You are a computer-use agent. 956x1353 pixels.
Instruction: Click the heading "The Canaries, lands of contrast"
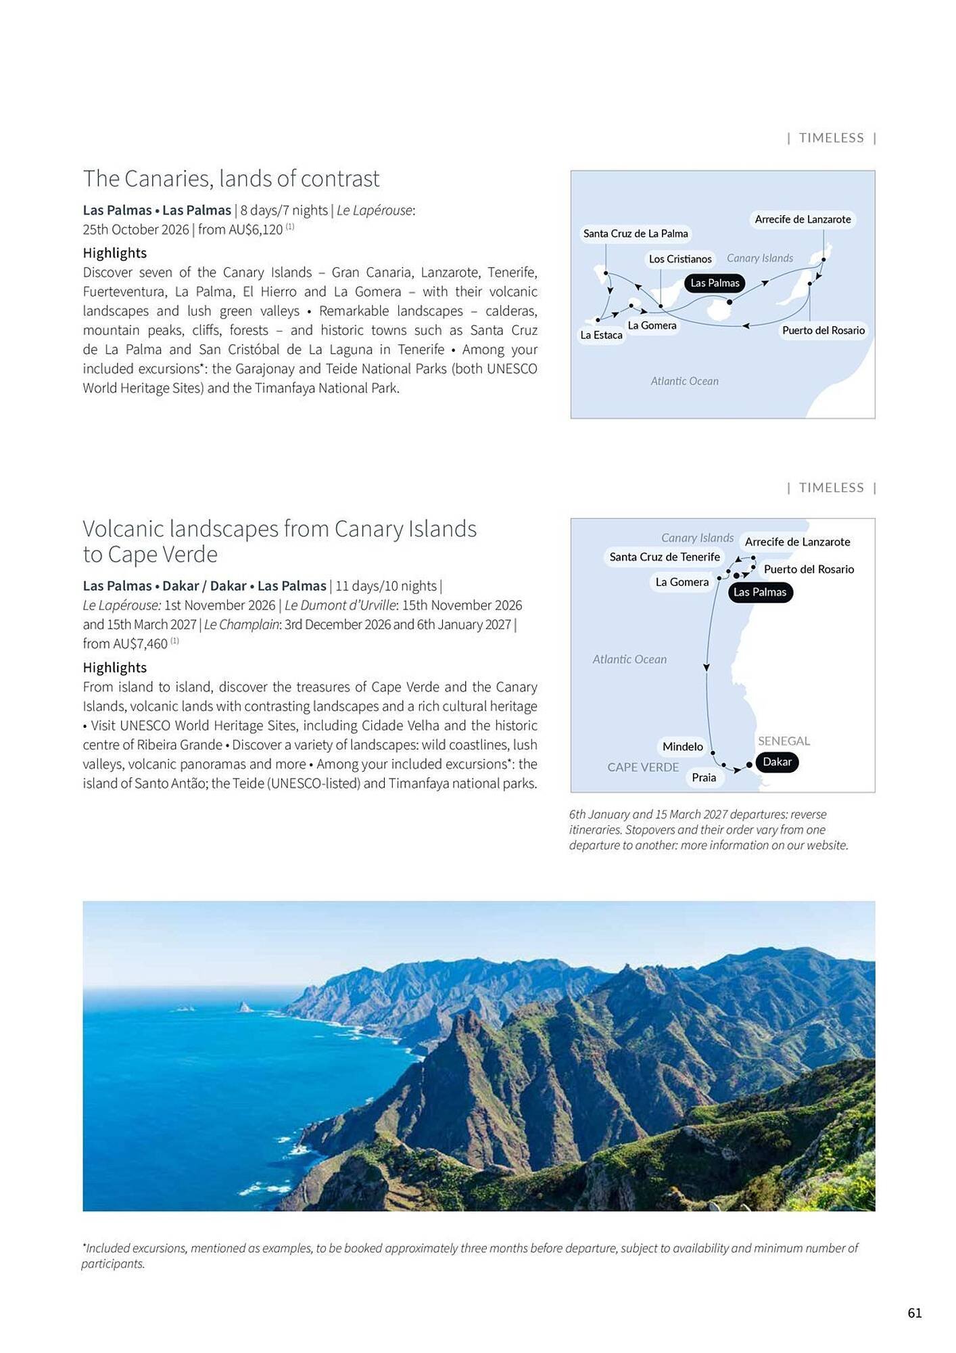pos(231,179)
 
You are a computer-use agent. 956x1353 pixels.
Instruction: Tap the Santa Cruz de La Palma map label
pos(635,233)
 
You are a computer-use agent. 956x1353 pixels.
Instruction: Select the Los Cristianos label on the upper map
pos(679,259)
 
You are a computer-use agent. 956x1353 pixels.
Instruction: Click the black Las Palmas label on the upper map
pos(715,283)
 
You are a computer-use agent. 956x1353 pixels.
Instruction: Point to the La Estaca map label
pos(601,335)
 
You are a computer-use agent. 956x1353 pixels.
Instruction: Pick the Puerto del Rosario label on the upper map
pos(823,330)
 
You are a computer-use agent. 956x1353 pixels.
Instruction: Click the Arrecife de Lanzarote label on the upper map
pos(803,219)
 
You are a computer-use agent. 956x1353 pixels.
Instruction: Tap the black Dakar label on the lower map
pos(777,762)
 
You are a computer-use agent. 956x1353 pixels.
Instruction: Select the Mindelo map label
pos(682,746)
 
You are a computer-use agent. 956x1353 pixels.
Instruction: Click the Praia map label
pos(703,777)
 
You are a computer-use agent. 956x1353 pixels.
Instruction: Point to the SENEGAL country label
pos(784,741)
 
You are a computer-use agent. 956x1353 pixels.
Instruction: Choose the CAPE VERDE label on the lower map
pos(642,767)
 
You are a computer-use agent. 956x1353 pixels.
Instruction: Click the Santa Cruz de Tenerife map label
pos(664,557)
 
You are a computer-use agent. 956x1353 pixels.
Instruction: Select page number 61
pos(914,1313)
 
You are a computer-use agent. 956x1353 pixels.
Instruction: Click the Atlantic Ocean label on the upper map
pos(684,382)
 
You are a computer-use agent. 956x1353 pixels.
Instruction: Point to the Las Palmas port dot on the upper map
pos(730,302)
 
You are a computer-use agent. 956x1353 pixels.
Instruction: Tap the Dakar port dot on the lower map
pos(749,765)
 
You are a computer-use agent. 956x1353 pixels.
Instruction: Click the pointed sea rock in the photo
pos(244,1007)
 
